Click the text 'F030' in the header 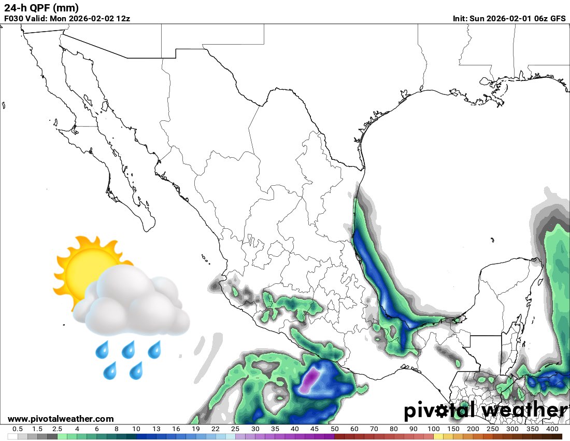(x=13, y=18)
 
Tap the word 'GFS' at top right (x=558, y=18)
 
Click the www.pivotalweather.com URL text (x=61, y=419)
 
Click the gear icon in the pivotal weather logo (x=442, y=411)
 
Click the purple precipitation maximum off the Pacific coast (x=311, y=378)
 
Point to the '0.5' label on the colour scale (x=17, y=429)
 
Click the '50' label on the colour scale (x=334, y=429)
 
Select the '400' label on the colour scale (x=552, y=429)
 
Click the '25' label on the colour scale (x=235, y=429)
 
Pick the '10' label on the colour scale (x=136, y=429)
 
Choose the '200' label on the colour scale (x=473, y=429)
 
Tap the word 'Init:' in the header (x=460, y=18)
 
